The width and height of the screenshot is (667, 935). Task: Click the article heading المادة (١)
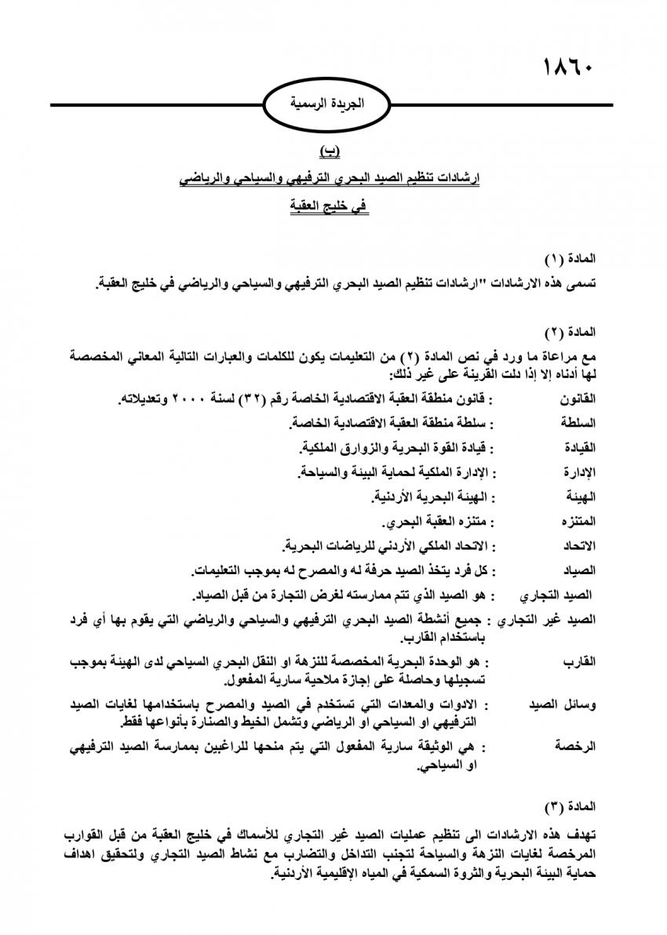pyautogui.click(x=570, y=258)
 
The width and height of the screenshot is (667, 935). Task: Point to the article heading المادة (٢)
pyautogui.click(x=570, y=333)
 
